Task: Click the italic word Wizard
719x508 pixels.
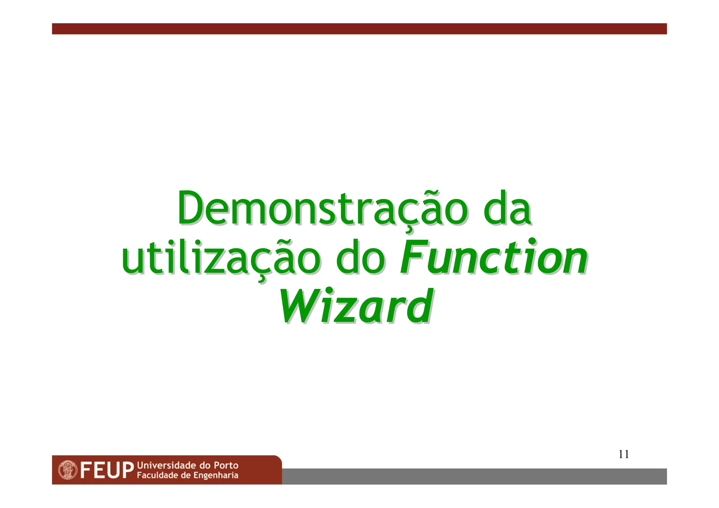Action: coord(355,306)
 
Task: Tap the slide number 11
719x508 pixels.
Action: coord(624,454)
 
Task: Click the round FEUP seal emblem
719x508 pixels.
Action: coord(67,470)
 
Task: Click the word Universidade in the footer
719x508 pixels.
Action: coord(166,466)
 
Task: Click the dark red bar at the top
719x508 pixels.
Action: coord(359,29)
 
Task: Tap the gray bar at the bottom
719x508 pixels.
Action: coord(474,476)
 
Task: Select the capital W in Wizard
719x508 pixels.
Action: coord(298,306)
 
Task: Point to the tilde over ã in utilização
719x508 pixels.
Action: coord(277,242)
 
